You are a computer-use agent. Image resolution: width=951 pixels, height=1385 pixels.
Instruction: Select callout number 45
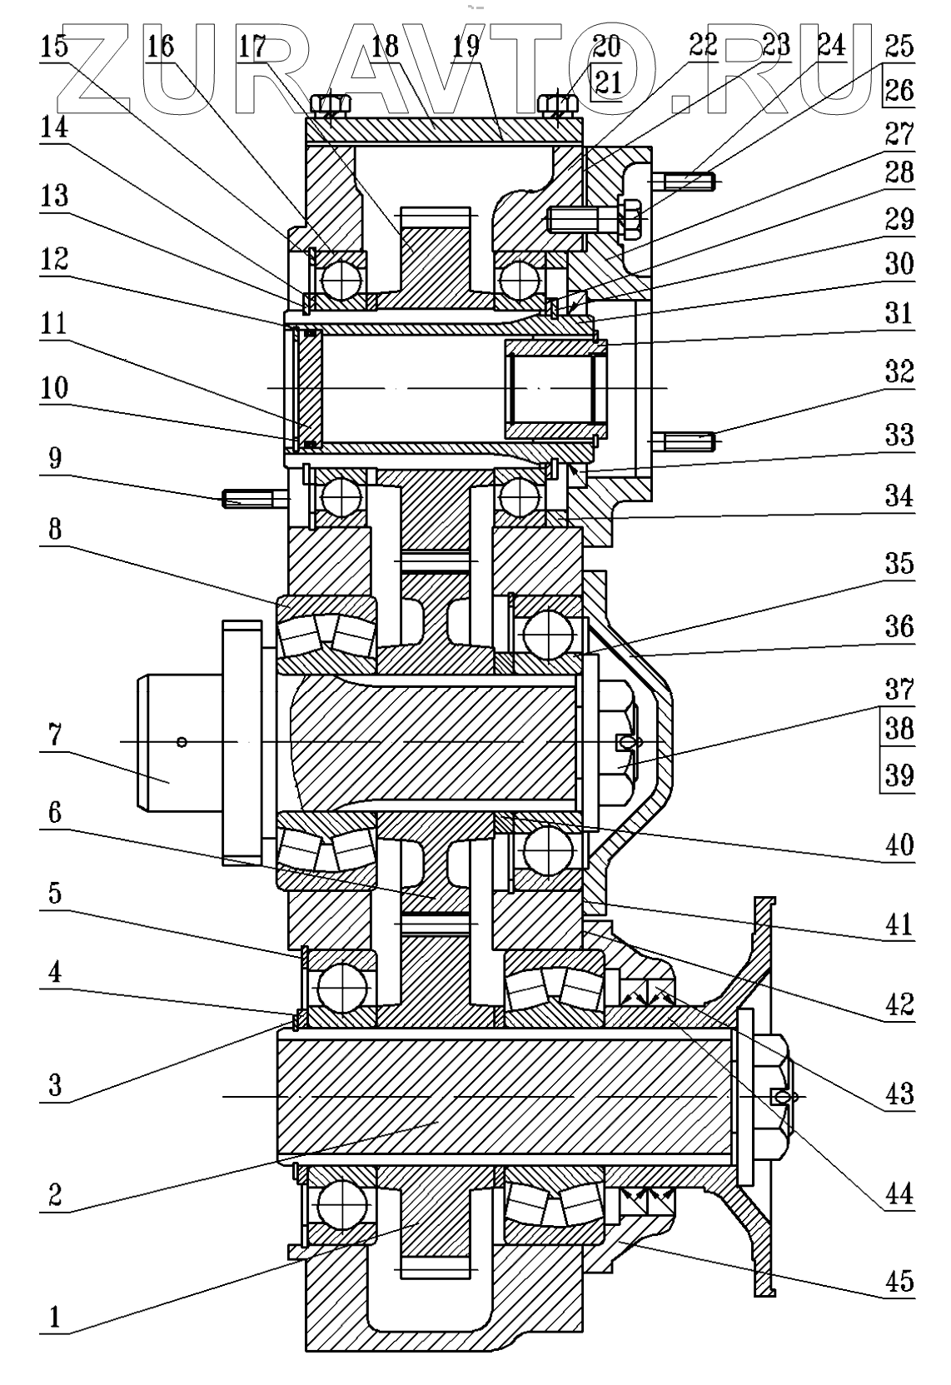[x=899, y=1280]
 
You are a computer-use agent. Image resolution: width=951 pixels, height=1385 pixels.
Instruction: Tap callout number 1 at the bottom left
[x=55, y=1317]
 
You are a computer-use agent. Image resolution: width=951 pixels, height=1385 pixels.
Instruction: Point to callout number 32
[x=899, y=371]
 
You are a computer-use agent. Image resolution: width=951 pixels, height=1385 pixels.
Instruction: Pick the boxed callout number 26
[x=899, y=90]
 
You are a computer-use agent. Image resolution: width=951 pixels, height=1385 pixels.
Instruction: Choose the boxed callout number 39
[x=899, y=775]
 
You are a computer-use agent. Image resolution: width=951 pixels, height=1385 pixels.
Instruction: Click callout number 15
[x=55, y=47]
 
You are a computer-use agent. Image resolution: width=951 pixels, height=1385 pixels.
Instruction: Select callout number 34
[x=899, y=496]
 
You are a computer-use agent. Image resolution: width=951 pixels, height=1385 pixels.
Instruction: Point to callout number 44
[x=899, y=1195]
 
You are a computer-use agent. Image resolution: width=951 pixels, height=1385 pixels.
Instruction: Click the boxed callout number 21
[x=607, y=84]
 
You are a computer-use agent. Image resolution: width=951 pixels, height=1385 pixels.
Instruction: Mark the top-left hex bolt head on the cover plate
[x=331, y=105]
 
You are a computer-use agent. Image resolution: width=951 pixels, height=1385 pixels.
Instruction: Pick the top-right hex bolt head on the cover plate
[x=558, y=105]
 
